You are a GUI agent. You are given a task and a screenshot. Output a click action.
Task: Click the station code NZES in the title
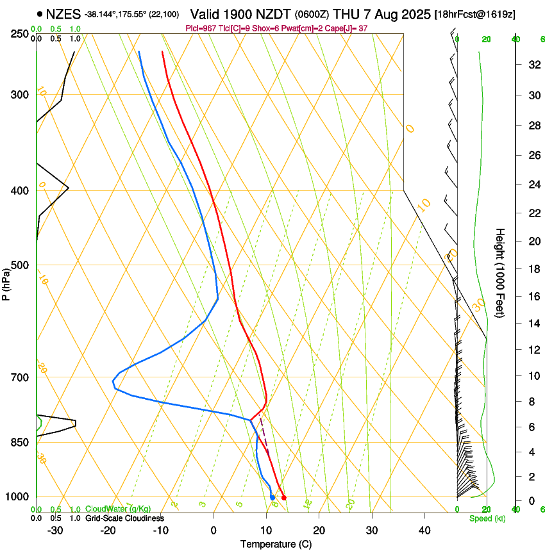(63, 13)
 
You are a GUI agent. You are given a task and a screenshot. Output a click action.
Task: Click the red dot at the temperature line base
(284, 498)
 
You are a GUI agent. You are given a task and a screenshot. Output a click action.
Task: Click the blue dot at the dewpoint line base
(272, 498)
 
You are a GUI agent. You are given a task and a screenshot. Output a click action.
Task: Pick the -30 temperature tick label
(55, 530)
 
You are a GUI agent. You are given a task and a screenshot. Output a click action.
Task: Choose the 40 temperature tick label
(424, 530)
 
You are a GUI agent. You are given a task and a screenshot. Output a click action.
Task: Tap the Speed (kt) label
(487, 518)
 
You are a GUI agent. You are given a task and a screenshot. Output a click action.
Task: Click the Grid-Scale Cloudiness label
(124, 518)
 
